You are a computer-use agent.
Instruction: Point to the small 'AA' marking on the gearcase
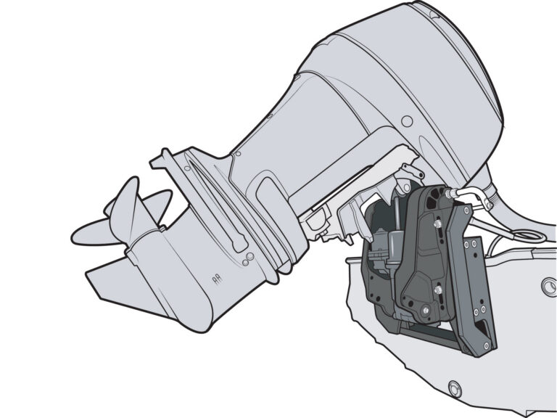[x=215, y=277]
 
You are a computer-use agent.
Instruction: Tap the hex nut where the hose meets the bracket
[x=450, y=193]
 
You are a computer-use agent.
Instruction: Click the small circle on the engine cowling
[x=407, y=120]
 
